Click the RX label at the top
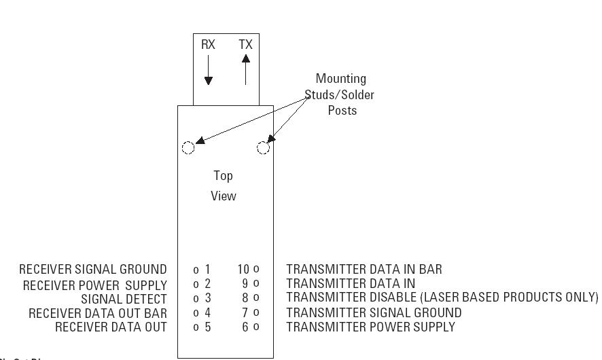[208, 45]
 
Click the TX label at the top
[245, 45]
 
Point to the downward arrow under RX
[209, 71]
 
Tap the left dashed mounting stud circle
[189, 148]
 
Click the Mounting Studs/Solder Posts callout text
[342, 94]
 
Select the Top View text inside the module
[224, 185]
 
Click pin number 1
[207, 270]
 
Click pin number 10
[244, 270]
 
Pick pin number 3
[207, 298]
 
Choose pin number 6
[246, 327]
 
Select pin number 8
[246, 298]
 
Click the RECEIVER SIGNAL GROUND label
[93, 270]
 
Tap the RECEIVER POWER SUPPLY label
[95, 285]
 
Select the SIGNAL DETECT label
[124, 299]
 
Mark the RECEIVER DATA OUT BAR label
[98, 313]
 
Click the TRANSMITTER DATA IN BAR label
[364, 270]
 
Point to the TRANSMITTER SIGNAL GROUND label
[374, 313]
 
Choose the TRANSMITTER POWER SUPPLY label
[370, 327]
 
